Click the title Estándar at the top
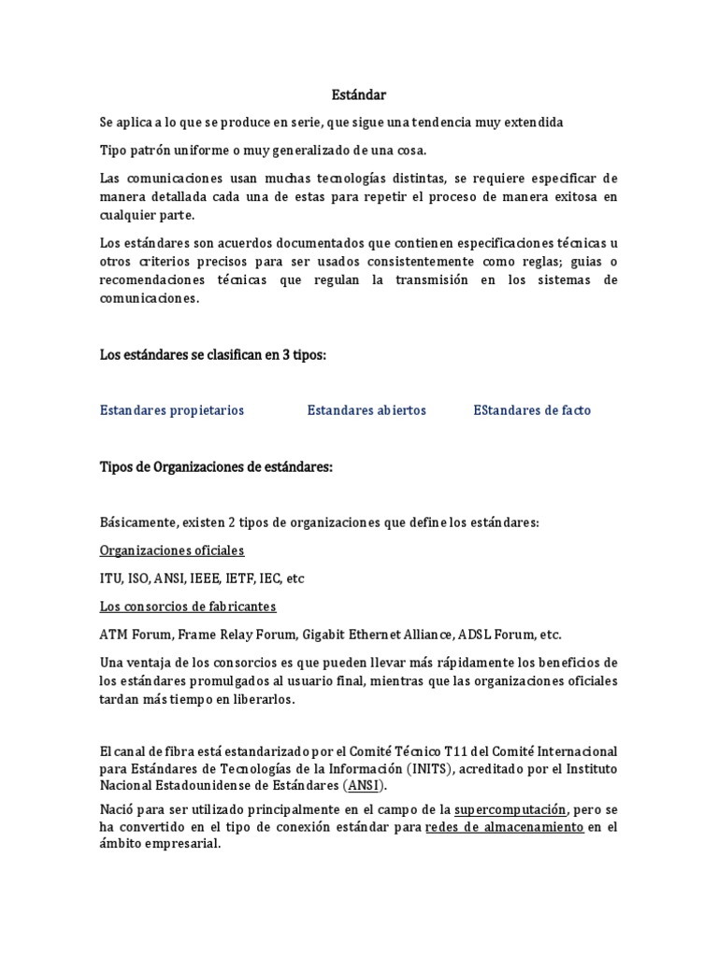click(x=359, y=94)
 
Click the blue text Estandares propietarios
click(x=172, y=410)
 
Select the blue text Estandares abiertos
click(x=366, y=410)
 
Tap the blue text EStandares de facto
click(x=532, y=410)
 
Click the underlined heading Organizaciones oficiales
click(x=172, y=550)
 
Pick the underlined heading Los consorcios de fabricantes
click(x=188, y=607)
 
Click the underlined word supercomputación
click(x=510, y=808)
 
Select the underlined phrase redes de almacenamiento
click(x=505, y=827)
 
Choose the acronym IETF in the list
click(x=251, y=578)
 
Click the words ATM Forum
click(x=130, y=635)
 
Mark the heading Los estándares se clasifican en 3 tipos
click(x=213, y=354)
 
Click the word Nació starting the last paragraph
click(x=117, y=808)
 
